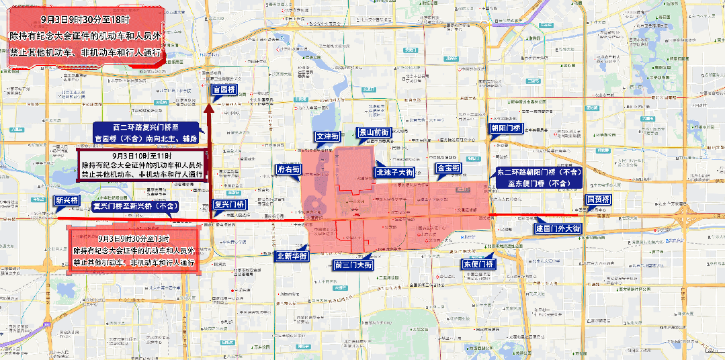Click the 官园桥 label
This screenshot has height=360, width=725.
223,89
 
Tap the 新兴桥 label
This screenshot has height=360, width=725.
67,200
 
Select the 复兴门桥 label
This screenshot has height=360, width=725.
228,204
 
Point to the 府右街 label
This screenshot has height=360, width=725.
289,170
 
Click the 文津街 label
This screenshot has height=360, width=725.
328,136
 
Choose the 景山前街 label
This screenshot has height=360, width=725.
374,133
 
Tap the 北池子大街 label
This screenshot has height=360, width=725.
394,172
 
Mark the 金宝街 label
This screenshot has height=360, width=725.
447,168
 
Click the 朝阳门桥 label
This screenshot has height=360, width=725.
506,128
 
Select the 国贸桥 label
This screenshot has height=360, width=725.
598,200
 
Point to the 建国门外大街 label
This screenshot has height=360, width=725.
558,228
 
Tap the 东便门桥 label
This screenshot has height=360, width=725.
478,263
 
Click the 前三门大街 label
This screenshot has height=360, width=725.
353,265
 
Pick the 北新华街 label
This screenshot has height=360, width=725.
292,256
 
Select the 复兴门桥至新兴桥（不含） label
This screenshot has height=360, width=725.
136,206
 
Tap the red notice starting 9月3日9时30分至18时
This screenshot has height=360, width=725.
85,36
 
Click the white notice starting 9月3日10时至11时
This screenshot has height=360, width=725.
142,165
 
